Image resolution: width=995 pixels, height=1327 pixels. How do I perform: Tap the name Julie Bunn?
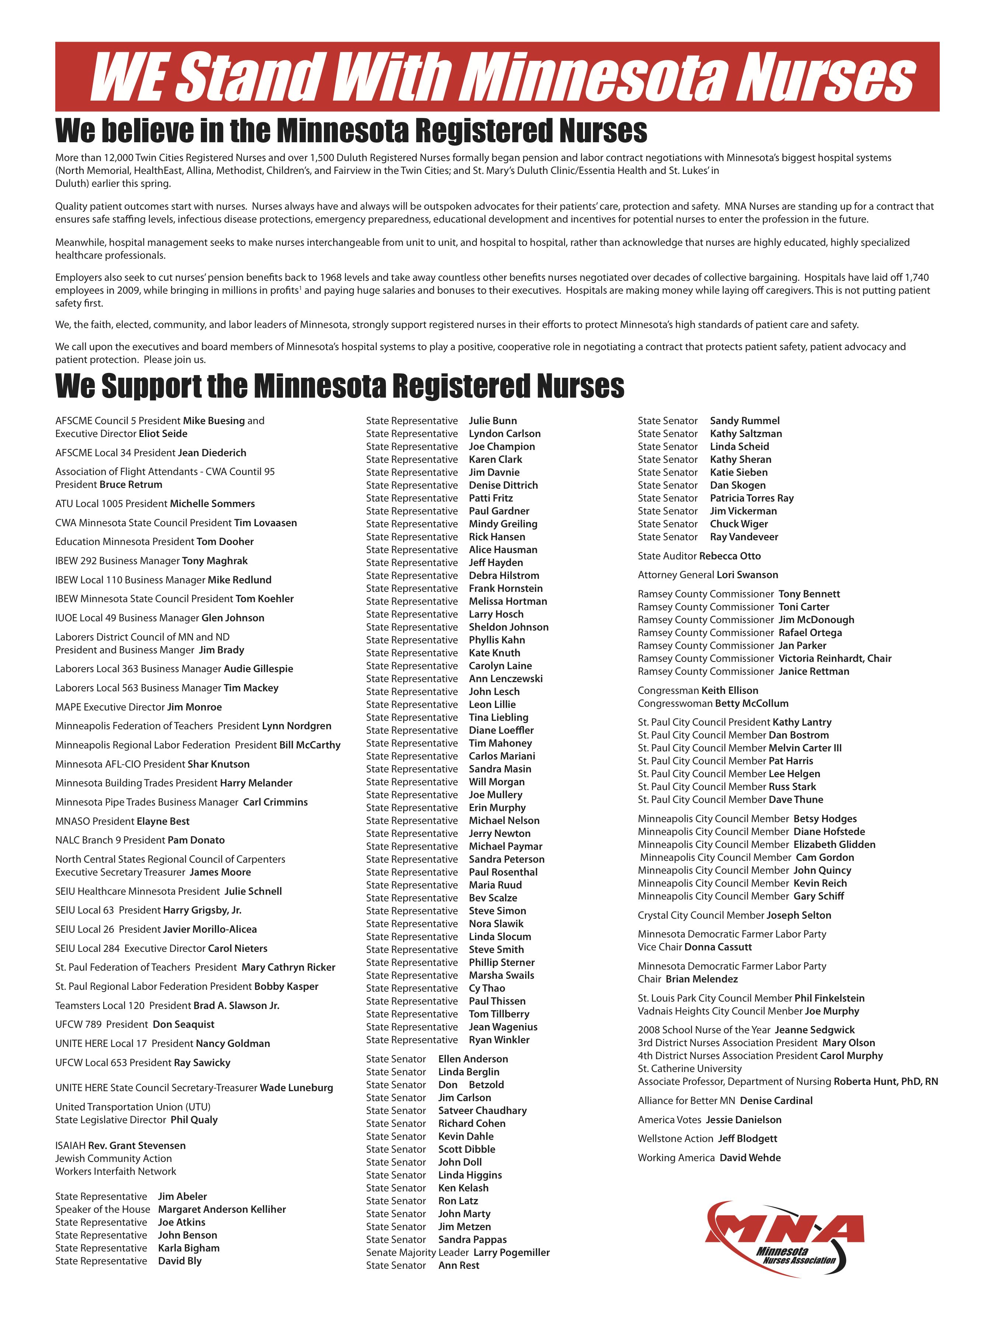tap(492, 420)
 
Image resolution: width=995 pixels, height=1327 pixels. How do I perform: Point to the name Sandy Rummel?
tap(744, 420)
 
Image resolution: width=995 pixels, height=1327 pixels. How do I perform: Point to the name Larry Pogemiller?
tap(511, 1252)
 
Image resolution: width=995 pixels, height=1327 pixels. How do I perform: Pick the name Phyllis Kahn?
tap(497, 639)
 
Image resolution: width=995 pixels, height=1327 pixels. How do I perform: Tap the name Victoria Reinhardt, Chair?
tap(834, 658)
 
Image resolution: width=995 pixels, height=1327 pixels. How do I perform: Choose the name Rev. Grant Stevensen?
tap(137, 1145)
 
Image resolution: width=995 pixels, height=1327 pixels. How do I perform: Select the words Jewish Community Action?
tap(114, 1159)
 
